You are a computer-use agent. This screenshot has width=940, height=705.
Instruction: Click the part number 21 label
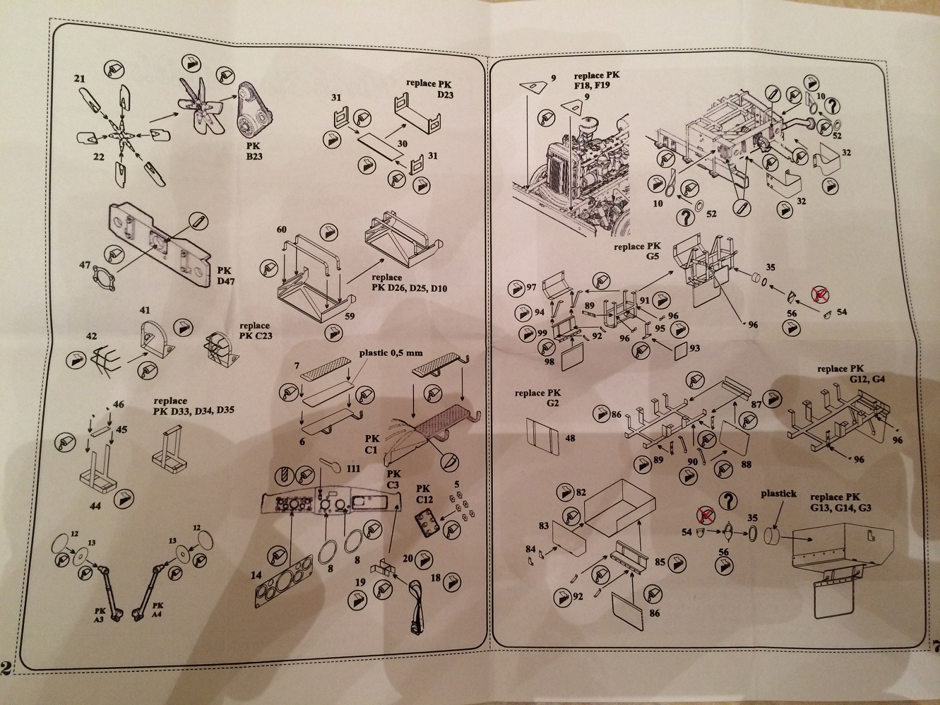(x=80, y=79)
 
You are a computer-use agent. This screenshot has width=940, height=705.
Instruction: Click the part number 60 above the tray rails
(x=282, y=230)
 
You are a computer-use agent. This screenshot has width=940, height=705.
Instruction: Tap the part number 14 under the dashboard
(x=257, y=576)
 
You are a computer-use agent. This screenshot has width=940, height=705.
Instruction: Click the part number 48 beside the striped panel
(x=570, y=438)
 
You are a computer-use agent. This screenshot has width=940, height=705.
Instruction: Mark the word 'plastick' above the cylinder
(x=779, y=493)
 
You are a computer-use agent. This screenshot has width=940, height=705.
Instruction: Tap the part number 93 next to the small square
(x=695, y=348)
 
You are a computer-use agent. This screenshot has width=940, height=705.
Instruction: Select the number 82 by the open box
(x=580, y=492)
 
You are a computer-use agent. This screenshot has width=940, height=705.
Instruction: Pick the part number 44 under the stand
(x=95, y=506)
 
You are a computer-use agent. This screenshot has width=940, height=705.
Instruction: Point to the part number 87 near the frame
(x=756, y=405)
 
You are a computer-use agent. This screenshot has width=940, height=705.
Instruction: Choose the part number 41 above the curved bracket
(x=144, y=311)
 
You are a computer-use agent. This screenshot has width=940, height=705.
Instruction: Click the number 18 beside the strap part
(x=435, y=579)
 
